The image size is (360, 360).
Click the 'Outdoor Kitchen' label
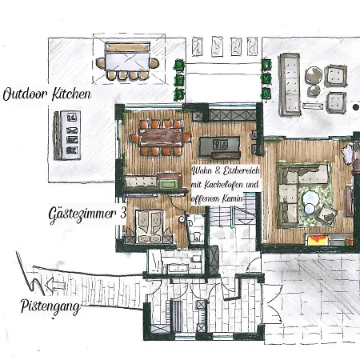(47, 94)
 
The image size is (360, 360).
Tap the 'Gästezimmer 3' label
(87, 214)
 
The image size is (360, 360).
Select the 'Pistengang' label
(50, 307)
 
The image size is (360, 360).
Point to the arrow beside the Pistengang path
(55, 284)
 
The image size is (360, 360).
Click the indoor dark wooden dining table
(161, 138)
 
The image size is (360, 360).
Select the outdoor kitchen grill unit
(70, 135)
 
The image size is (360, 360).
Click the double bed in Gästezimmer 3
(149, 226)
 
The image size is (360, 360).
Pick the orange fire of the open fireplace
(318, 240)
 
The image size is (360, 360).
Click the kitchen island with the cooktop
(219, 146)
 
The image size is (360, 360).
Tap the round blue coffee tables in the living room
(310, 202)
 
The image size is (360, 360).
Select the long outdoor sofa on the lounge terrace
(290, 84)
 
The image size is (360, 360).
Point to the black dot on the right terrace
(356, 107)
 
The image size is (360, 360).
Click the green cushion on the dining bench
(168, 184)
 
